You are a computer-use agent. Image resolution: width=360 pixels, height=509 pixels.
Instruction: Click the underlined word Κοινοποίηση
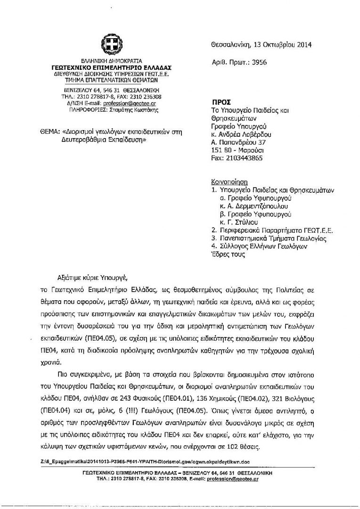click(229, 182)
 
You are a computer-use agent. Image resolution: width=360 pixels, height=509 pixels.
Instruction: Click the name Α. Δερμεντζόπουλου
click(254, 206)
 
